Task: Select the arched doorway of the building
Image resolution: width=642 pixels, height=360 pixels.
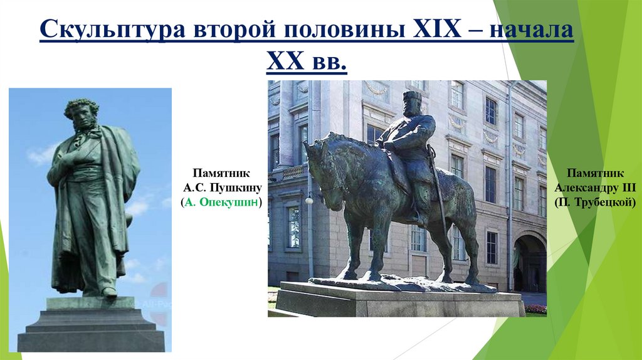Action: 530,263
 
